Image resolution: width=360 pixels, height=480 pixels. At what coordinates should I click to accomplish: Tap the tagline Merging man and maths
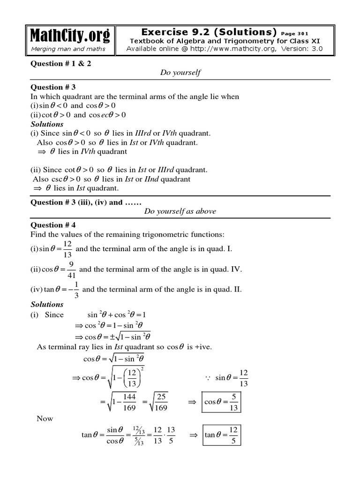(68, 49)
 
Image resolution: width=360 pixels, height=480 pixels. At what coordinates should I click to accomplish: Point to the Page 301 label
(295, 33)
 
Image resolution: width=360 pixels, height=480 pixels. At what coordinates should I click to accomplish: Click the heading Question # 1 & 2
(61, 63)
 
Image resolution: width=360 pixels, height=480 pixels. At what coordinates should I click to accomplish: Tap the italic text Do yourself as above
(180, 211)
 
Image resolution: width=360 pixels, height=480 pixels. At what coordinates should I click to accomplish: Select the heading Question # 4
(53, 225)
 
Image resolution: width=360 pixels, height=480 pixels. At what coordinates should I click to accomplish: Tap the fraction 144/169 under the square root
(128, 403)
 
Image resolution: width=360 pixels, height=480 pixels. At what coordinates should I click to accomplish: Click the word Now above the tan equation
(45, 419)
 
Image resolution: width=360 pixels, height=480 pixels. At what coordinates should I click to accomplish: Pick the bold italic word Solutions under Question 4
(47, 304)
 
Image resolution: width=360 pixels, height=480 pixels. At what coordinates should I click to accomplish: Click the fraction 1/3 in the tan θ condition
(76, 289)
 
